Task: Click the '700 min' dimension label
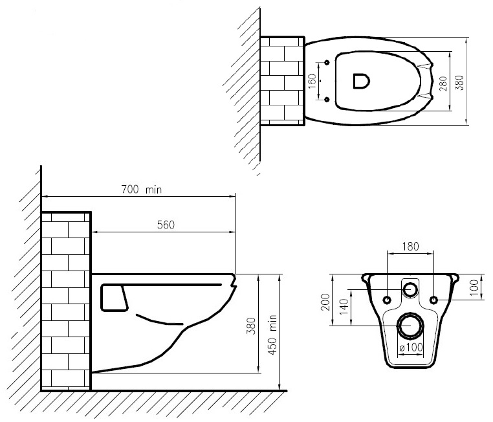[142, 190]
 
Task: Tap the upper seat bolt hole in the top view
[327, 63]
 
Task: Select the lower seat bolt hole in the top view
[327, 99]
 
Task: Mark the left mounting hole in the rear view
[387, 300]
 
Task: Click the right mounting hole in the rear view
[432, 300]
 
